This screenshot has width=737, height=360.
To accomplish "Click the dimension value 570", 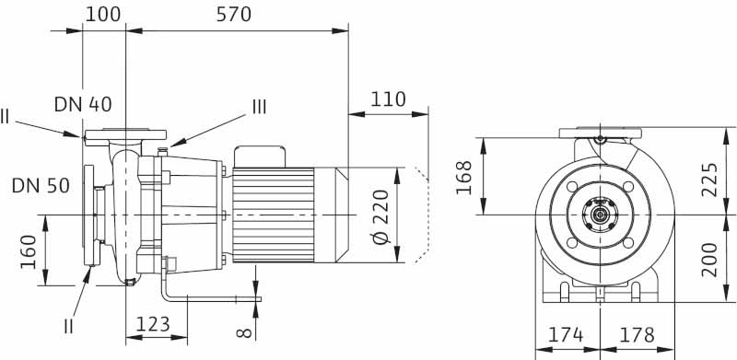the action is click(234, 15).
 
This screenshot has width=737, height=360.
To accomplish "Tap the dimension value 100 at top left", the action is click(103, 15).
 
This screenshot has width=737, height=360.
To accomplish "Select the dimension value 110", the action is click(388, 99).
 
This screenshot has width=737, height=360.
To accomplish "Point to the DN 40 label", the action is click(83, 104).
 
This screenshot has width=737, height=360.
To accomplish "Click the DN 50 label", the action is click(41, 186).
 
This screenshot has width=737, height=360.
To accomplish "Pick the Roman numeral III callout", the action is click(260, 107).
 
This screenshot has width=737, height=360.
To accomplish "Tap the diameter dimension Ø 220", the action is click(381, 216).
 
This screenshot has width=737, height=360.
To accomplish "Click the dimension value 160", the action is click(29, 251).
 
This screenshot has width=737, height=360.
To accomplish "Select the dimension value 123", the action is click(153, 324).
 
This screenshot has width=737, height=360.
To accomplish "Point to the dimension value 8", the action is click(244, 332).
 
